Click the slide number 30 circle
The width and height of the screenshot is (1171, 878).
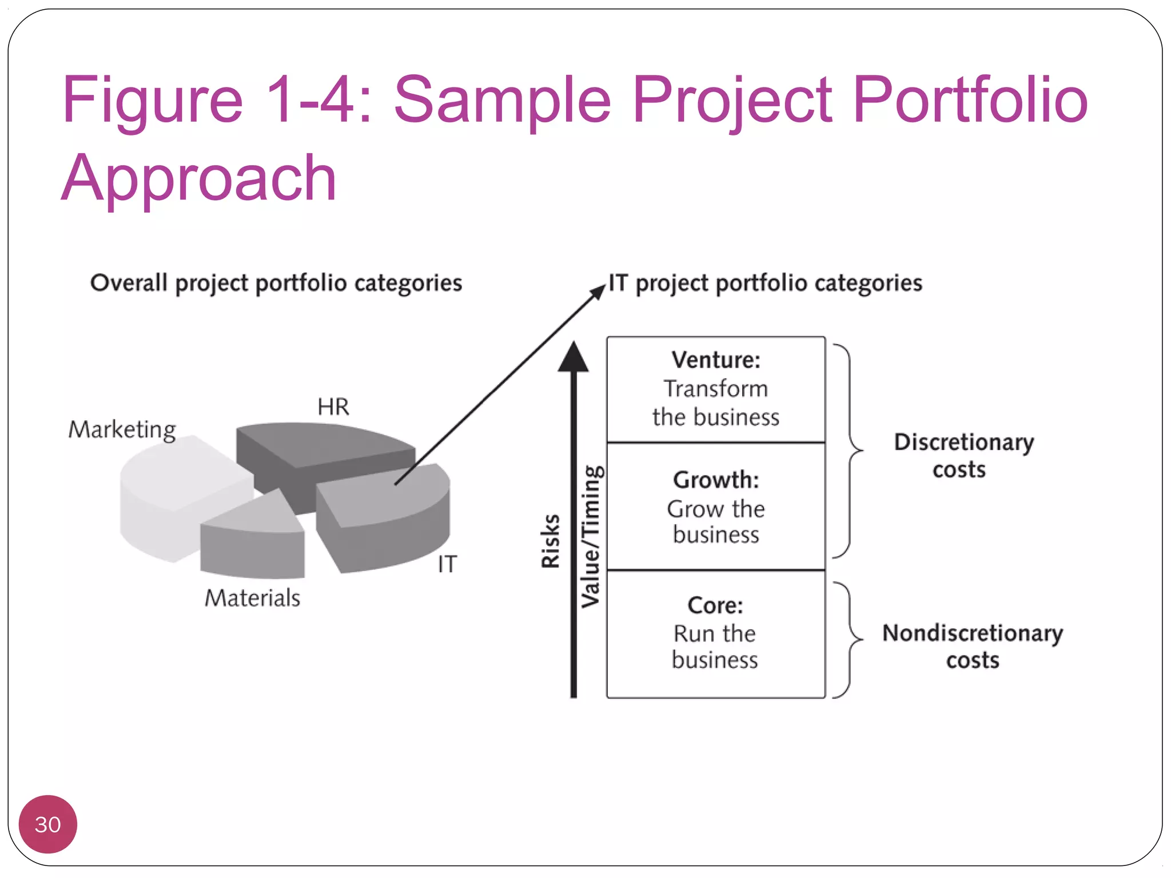click(47, 824)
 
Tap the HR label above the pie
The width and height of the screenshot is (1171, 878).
click(333, 407)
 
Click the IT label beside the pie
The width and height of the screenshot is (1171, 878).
click(447, 564)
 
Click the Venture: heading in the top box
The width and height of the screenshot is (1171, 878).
click(716, 360)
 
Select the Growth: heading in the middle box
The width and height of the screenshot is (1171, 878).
click(716, 480)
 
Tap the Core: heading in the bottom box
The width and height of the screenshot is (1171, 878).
click(715, 605)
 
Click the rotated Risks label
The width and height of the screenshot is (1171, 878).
click(550, 541)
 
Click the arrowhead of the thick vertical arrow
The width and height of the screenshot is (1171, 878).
click(573, 357)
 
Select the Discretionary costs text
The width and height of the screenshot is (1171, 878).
click(963, 456)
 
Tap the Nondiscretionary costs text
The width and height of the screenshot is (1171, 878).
click(972, 646)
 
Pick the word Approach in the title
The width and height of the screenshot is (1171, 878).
click(199, 178)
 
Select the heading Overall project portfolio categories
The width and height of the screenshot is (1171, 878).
click(276, 283)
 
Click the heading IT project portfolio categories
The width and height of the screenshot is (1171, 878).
click(765, 283)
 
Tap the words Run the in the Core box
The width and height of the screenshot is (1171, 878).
click(715, 633)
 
